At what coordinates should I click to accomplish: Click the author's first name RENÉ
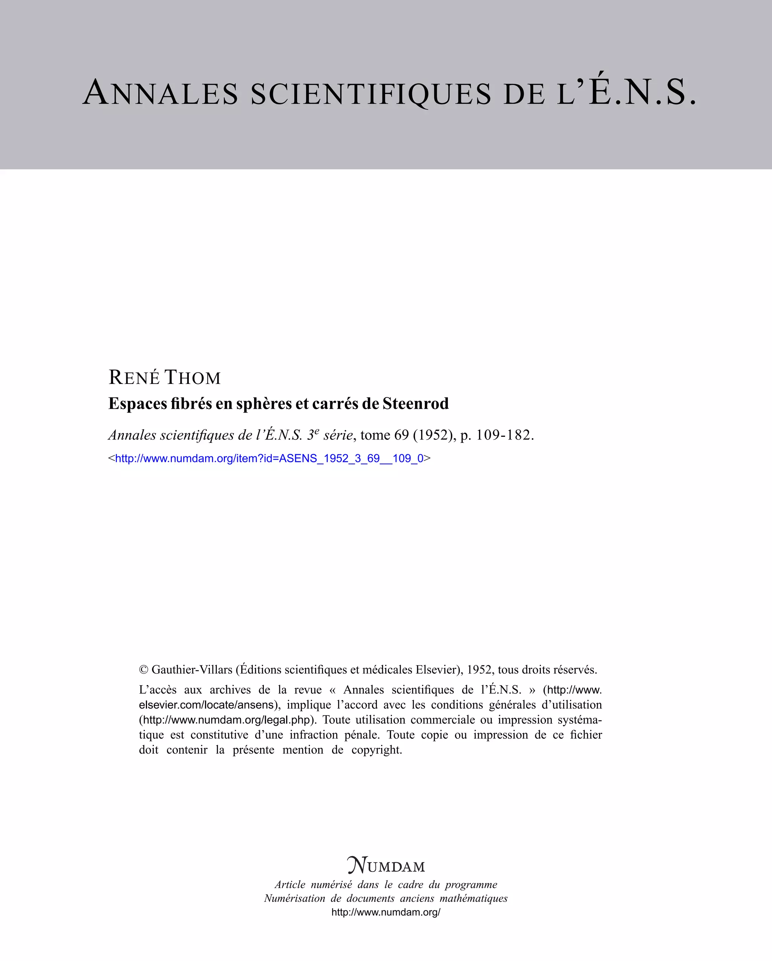pyautogui.click(x=134, y=378)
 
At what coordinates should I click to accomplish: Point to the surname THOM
pyautogui.click(x=193, y=378)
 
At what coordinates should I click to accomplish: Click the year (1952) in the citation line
pyautogui.click(x=435, y=435)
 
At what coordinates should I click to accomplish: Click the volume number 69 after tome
pyautogui.click(x=401, y=435)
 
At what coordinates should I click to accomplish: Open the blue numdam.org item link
pyautogui.click(x=269, y=458)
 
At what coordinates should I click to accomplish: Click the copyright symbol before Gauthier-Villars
pyautogui.click(x=144, y=670)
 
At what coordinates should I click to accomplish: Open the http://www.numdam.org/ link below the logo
pyautogui.click(x=386, y=912)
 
